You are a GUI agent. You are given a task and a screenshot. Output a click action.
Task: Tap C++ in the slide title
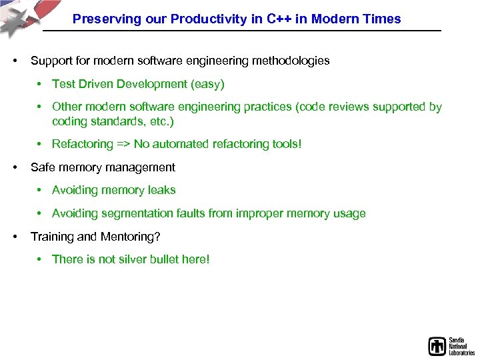[x=279, y=19]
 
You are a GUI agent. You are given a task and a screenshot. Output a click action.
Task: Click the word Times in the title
[x=383, y=19]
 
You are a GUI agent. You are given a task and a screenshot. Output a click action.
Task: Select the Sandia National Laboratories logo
[x=451, y=345]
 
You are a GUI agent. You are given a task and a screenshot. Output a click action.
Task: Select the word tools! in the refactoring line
[x=283, y=144]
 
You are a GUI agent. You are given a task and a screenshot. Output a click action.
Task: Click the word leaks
[x=161, y=190]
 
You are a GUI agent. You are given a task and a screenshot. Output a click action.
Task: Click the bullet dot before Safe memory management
[x=14, y=167]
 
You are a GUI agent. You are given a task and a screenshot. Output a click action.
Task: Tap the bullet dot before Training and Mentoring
[x=14, y=237]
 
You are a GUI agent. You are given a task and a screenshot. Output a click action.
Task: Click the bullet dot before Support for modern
[x=14, y=61]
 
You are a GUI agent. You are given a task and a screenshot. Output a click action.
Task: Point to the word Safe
[x=43, y=167]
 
